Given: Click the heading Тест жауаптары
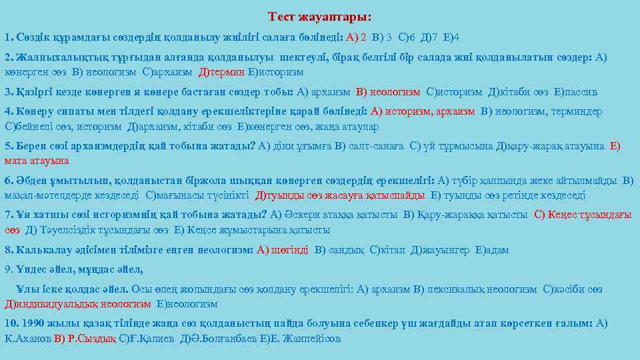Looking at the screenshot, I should click(319, 15).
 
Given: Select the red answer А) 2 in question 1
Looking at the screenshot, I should click(356, 37).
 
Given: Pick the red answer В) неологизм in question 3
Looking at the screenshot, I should click(389, 91).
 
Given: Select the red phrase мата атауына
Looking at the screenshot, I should click(37, 161).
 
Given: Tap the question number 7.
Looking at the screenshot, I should click(9, 215).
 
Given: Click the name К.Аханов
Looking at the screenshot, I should click(26, 338).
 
